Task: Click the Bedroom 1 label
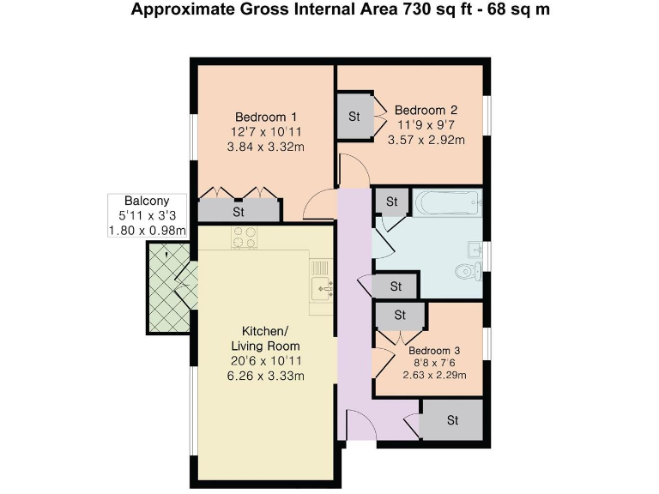[x=266, y=117]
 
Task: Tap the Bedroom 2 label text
[x=426, y=110]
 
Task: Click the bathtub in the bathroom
[x=449, y=205]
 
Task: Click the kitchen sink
[x=323, y=287]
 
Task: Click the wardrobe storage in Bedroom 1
[x=239, y=210]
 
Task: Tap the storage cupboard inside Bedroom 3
[x=400, y=316]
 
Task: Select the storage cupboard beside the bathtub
[x=392, y=202]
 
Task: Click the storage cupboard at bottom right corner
[x=452, y=421]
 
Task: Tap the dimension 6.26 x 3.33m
[x=265, y=376]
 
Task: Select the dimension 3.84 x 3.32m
[x=266, y=148]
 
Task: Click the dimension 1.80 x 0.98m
[x=147, y=230]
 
